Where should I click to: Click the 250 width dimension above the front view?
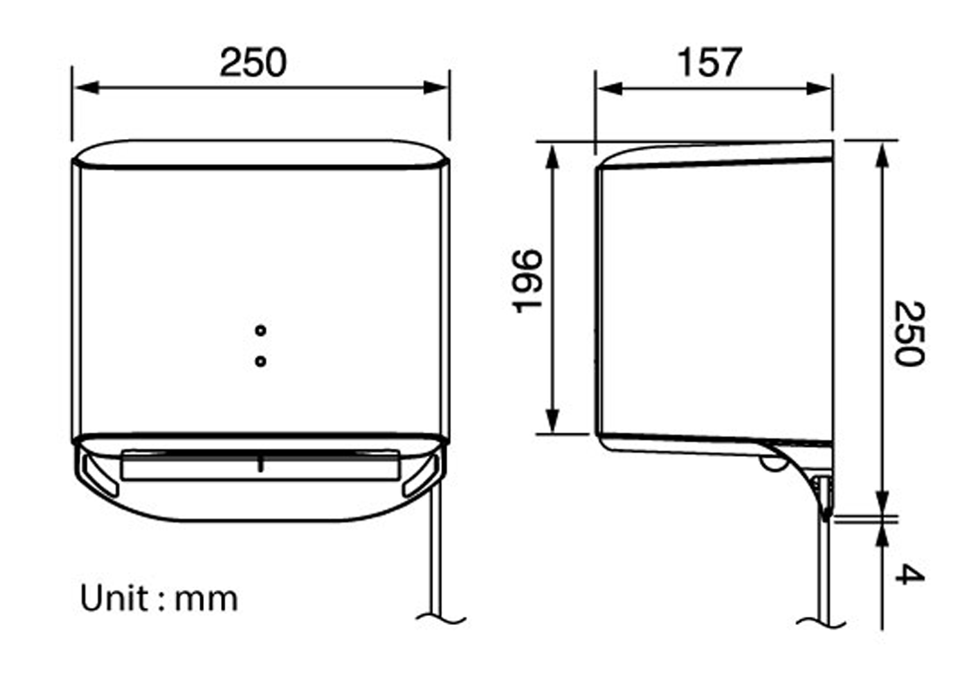pyautogui.click(x=253, y=63)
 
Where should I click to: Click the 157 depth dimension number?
pyautogui.click(x=710, y=63)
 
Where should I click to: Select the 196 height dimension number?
pyautogui.click(x=529, y=281)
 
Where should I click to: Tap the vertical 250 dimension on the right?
pyautogui.click(x=909, y=333)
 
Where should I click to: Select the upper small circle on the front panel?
pyautogui.click(x=260, y=330)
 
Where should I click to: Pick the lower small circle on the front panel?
pyautogui.click(x=260, y=361)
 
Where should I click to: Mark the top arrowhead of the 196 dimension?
pyautogui.click(x=553, y=153)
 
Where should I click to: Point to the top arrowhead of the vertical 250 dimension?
pyautogui.click(x=884, y=153)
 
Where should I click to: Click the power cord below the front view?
pyautogui.click(x=436, y=557)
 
